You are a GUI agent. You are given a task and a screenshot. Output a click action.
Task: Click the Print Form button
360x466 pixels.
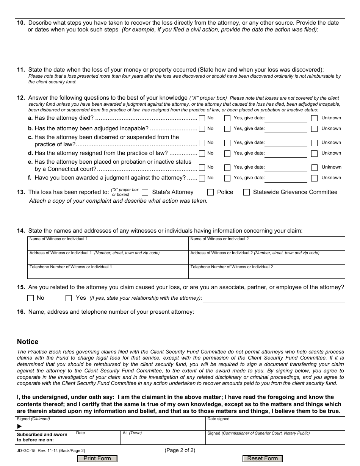pyautogui.click(x=97, y=458)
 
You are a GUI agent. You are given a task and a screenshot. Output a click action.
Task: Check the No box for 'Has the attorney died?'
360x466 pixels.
pyautogui.click(x=202, y=118)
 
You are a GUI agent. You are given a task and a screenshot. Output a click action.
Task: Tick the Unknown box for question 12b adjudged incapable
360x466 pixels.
pyautogui.click(x=314, y=129)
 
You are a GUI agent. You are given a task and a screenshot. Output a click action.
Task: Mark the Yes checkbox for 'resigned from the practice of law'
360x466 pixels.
pyautogui.click(x=227, y=153)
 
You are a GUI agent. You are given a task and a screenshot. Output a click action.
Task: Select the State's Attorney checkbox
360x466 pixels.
pyautogui.click(x=145, y=192)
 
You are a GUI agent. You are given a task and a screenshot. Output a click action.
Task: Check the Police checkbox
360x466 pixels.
pyautogui.click(x=211, y=192)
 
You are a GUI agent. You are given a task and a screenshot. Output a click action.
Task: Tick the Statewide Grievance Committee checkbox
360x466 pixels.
pyautogui.click(x=246, y=192)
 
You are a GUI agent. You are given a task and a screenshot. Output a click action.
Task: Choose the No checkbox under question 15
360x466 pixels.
pyautogui.click(x=31, y=298)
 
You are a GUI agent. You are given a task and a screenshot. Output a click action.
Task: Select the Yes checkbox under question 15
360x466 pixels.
pyautogui.click(x=69, y=298)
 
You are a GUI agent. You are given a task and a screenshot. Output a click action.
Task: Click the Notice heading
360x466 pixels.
pyautogui.click(x=28, y=342)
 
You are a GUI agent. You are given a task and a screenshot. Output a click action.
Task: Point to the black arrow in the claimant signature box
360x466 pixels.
pyautogui.click(x=20, y=426)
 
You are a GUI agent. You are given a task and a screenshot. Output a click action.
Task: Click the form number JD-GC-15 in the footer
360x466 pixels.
pyautogui.click(x=25, y=451)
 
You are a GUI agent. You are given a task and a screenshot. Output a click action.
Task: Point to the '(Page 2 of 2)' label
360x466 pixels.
pyautogui.click(x=180, y=450)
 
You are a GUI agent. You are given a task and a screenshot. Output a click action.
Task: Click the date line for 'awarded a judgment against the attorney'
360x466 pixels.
pyautogui.click(x=286, y=178)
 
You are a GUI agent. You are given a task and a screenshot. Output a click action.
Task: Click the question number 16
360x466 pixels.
pyautogui.click(x=21, y=312)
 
